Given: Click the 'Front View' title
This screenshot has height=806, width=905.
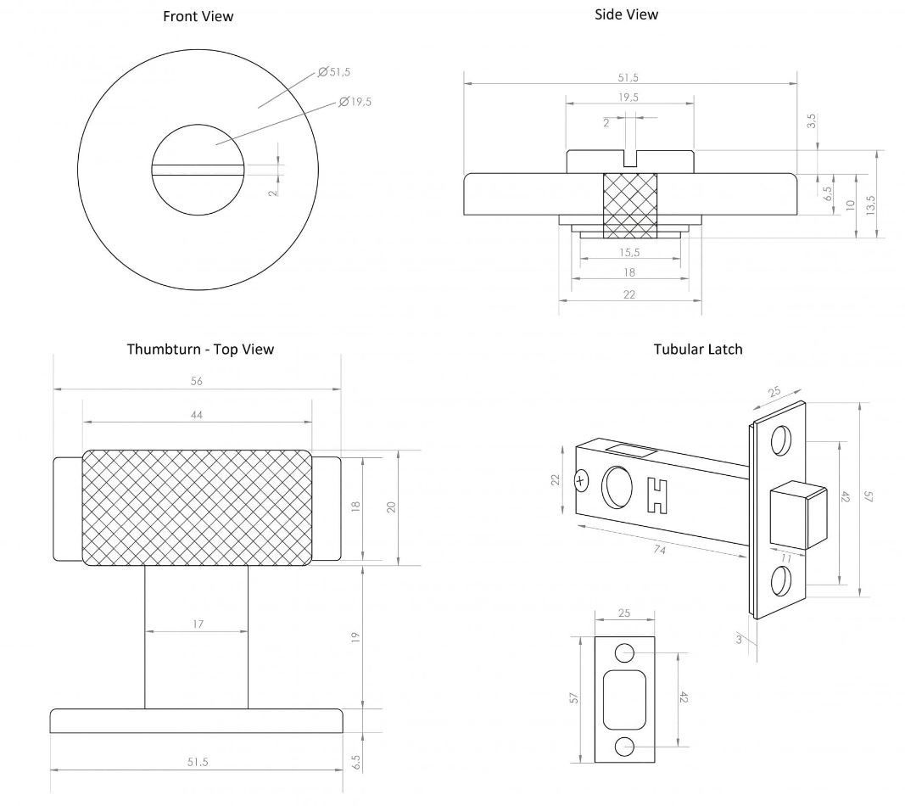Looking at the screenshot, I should tap(198, 16).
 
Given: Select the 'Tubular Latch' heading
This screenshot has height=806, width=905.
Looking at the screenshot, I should tap(697, 349).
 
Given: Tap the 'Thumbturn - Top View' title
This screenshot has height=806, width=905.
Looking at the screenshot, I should tap(200, 349).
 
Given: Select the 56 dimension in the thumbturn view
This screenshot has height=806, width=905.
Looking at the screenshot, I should tap(196, 381).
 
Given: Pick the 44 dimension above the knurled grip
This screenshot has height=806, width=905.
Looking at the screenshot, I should tap(196, 414).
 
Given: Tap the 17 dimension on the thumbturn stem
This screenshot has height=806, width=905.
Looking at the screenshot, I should tap(197, 624).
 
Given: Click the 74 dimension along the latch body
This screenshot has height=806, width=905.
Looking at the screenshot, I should tap(659, 551).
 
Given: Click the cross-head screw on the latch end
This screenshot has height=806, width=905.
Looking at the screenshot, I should tap(581, 481).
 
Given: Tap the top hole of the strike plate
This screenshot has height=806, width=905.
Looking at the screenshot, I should tap(624, 652).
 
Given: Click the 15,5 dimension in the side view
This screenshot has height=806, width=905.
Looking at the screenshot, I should tap(628, 252).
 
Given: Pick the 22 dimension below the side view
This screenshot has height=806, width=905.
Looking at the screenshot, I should tap(628, 294).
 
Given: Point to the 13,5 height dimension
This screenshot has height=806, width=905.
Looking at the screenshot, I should tap(870, 204).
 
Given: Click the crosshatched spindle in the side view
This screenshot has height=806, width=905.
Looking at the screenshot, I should tap(628, 204).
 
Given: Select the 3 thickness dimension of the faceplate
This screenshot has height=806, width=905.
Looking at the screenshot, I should tap(739, 639).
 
